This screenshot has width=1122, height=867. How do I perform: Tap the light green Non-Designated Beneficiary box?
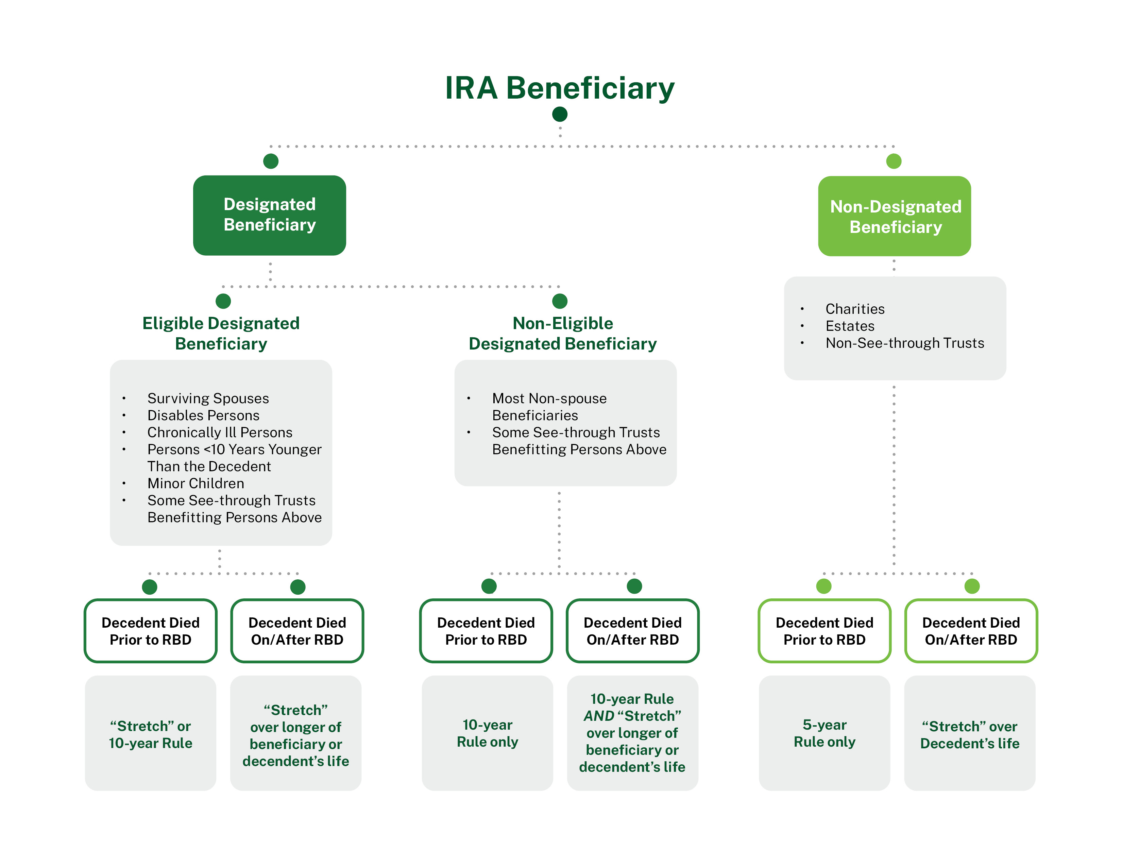[895, 216]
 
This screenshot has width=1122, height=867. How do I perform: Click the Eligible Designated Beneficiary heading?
[221, 333]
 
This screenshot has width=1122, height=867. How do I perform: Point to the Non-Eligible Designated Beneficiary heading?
[563, 333]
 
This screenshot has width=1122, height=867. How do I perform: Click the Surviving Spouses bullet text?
[208, 398]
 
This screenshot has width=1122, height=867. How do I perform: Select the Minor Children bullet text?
[196, 483]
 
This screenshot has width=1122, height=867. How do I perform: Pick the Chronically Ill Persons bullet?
[220, 432]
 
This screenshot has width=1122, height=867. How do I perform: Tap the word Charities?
[855, 309]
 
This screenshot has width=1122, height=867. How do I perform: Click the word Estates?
[850, 326]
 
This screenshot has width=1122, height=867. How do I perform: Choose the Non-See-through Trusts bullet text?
[905, 343]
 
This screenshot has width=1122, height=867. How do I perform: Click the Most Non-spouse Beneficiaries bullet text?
[549, 406]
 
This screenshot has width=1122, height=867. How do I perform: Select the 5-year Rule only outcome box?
[824, 733]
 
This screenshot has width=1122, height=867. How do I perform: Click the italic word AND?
[599, 715]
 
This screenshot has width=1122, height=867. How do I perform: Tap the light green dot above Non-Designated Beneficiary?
[894, 161]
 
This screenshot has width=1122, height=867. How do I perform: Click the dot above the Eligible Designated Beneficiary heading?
[223, 301]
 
